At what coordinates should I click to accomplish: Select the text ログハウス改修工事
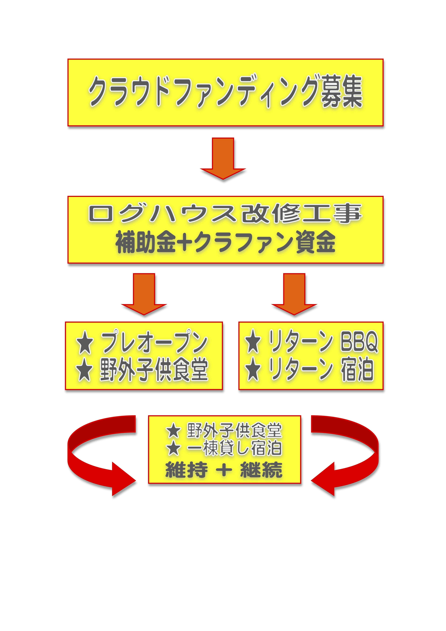(x=225, y=214)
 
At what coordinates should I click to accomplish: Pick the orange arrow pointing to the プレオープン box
(x=144, y=294)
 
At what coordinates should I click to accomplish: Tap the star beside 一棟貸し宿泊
(x=174, y=449)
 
